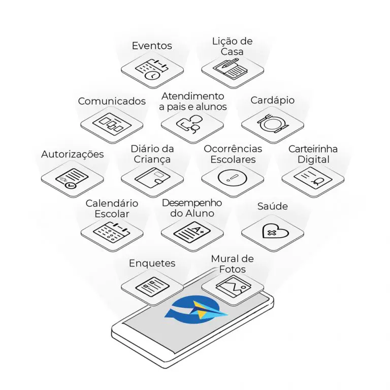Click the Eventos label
click(x=152, y=46)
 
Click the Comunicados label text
click(x=112, y=101)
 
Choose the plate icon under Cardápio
click(x=272, y=123)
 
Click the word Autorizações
click(x=73, y=154)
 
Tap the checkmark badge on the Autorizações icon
click(x=70, y=185)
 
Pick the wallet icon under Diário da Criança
click(x=152, y=177)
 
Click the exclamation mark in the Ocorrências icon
click(x=232, y=178)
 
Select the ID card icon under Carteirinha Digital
click(x=313, y=178)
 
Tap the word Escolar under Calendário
click(x=112, y=214)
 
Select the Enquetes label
click(x=152, y=263)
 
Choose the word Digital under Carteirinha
click(x=313, y=159)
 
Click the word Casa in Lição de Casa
click(x=232, y=52)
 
